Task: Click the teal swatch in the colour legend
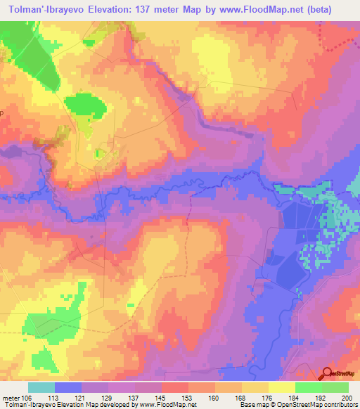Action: (41, 387)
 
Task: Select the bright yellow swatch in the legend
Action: (281, 387)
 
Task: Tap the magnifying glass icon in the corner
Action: (328, 374)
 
